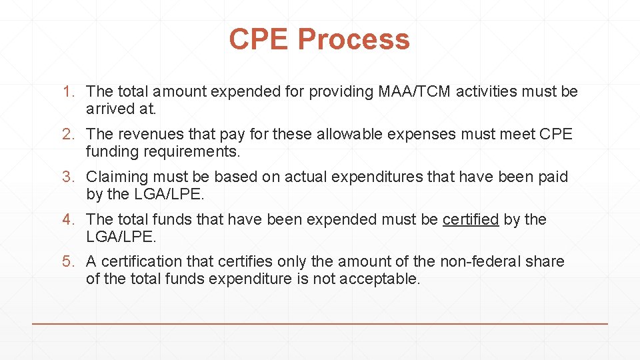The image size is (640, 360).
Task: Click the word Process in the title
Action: coord(353,39)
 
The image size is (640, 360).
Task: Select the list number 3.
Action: coord(68,177)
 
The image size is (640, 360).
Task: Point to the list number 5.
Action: coord(68,261)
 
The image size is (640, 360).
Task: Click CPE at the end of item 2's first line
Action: coord(557,134)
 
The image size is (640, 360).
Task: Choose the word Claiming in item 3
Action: coord(117,177)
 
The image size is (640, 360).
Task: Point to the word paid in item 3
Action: coord(553,177)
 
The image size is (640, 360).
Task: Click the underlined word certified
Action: coord(471,219)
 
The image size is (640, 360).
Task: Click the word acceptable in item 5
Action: coord(379,279)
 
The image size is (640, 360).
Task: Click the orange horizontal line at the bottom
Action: coord(320,323)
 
